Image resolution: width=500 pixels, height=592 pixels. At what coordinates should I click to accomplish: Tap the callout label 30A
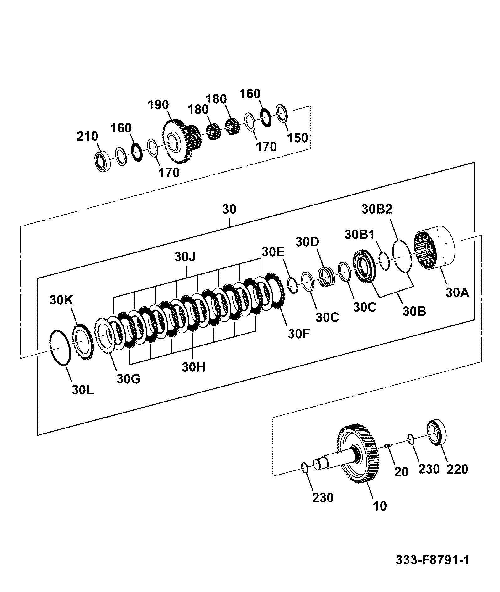coord(457,293)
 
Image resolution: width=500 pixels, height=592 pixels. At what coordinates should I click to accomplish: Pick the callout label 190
coord(158,105)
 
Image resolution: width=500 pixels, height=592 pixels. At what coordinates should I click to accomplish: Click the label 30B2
coord(377,209)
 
